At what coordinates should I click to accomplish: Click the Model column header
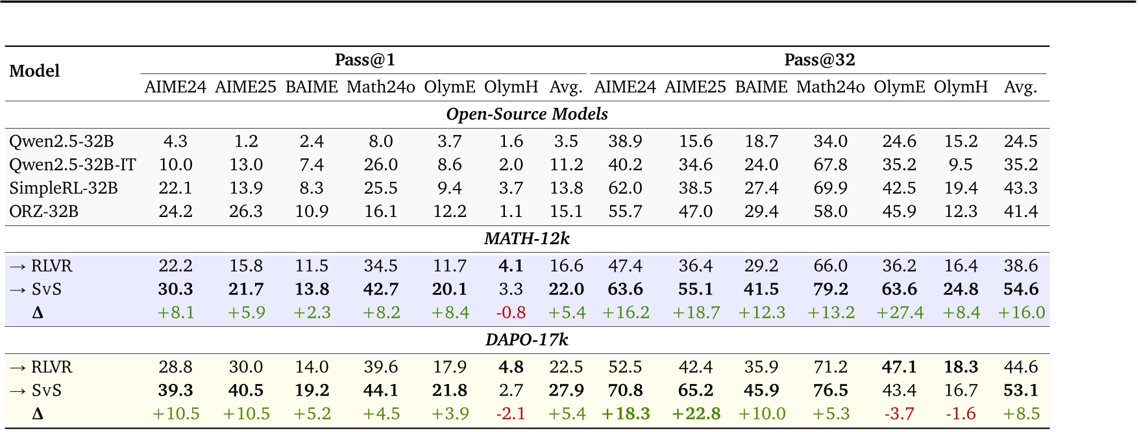34,71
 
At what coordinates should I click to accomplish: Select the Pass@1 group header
365,60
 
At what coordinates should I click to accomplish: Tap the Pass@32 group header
820,60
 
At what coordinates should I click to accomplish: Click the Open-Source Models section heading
527,114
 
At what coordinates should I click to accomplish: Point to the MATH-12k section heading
527,238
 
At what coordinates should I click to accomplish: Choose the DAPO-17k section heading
527,340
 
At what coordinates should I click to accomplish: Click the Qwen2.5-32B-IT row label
73,165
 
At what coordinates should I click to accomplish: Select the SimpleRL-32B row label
64,188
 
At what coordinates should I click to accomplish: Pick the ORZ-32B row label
44,212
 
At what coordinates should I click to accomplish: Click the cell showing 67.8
831,165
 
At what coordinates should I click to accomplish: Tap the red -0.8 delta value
511,312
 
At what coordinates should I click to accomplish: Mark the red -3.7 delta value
899,414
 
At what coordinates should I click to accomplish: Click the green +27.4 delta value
900,312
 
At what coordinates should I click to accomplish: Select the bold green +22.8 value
696,414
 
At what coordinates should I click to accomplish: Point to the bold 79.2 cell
831,289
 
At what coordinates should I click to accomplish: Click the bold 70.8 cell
625,390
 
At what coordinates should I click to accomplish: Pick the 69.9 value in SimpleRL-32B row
831,188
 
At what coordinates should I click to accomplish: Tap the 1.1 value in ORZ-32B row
511,212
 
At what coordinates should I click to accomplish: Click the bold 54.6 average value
1021,289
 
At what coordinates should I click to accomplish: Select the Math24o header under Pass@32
831,87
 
